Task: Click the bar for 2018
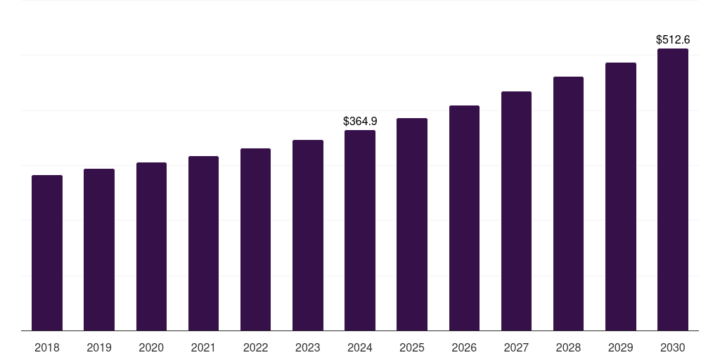47,253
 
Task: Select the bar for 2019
99,250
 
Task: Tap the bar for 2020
151,247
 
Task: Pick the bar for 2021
203,243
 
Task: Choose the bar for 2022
255,240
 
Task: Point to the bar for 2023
308,236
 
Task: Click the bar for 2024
360,231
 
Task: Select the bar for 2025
412,224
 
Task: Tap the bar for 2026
464,218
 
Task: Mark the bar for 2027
516,211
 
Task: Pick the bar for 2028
568,204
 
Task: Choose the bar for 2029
621,197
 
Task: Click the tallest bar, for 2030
673,190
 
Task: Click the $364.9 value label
360,122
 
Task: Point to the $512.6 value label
673,40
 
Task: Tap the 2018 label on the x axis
47,347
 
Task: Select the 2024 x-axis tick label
360,347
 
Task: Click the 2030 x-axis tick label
673,347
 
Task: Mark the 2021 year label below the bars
203,347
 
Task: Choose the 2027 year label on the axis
516,347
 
